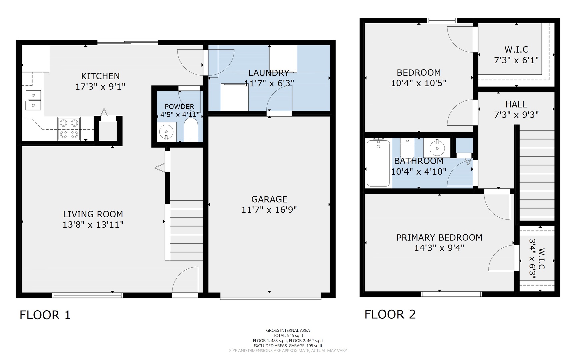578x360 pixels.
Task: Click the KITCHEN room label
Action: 100,76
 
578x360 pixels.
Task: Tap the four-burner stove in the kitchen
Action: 69,129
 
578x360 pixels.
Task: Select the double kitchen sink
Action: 33,100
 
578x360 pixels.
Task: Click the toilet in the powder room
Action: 191,131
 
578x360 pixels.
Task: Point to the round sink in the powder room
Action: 166,132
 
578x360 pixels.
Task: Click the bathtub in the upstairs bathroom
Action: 378,163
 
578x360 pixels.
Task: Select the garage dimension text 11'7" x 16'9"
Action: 269,210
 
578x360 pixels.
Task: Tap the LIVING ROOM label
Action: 93,214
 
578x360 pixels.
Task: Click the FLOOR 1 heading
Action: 45,315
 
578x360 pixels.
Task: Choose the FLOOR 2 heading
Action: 390,314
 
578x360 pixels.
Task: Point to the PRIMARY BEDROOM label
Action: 439,237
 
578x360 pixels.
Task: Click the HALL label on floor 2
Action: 516,104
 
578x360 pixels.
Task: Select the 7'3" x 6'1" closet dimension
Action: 516,60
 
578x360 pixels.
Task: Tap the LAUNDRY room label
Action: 269,73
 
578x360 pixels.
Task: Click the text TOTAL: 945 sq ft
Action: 288,335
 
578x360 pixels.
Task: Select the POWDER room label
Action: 179,107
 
